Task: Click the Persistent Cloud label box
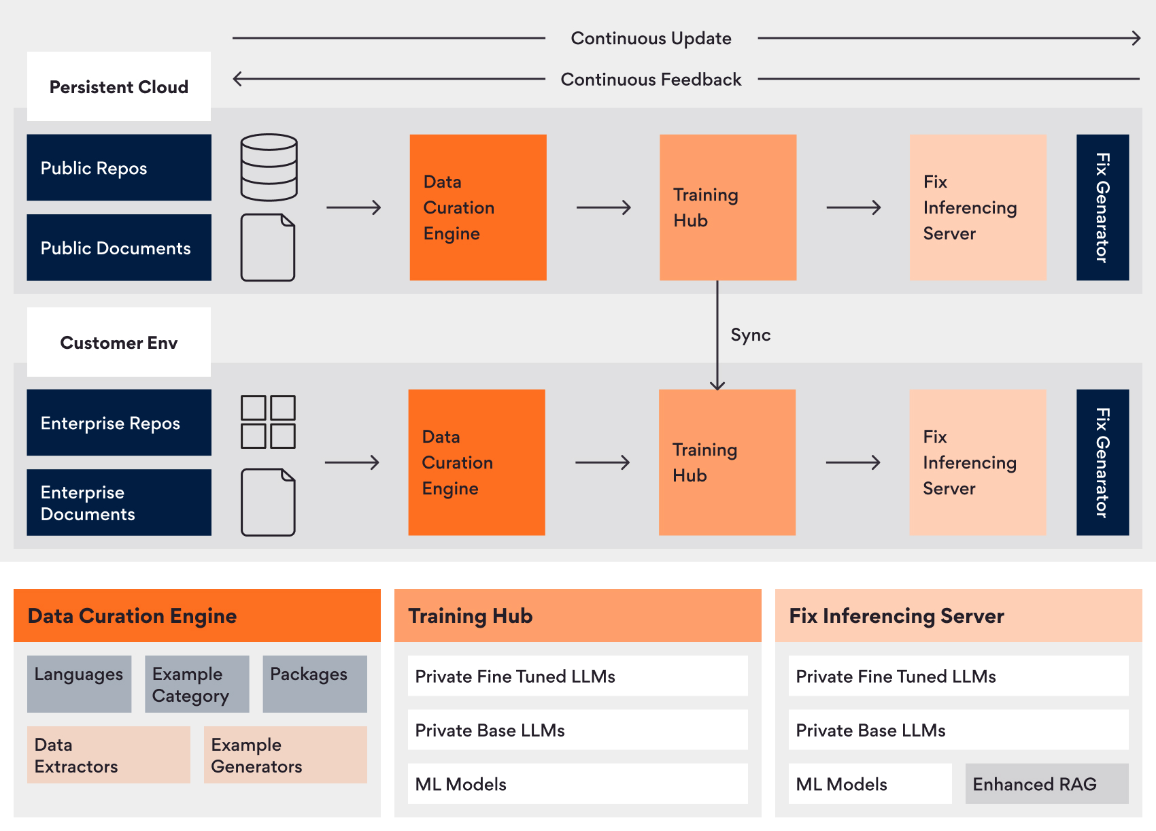[x=119, y=87]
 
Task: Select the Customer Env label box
[x=119, y=342]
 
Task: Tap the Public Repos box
[x=119, y=167]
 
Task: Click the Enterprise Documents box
[x=119, y=503]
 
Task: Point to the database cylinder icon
[x=269, y=167]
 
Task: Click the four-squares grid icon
[x=268, y=422]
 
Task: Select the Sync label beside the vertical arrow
[x=750, y=335]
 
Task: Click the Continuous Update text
[x=651, y=38]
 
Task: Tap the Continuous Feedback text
[x=651, y=80]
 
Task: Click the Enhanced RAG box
[x=1047, y=783]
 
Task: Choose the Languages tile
[x=79, y=683]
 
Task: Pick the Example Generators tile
[x=285, y=755]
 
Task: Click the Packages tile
[x=314, y=683]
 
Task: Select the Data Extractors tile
[x=109, y=755]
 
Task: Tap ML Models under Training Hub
[x=577, y=783]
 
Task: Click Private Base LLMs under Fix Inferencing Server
[x=958, y=730]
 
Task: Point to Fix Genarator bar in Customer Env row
[x=1102, y=462]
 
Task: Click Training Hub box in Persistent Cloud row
[x=728, y=207]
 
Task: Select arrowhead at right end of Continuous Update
[x=1137, y=38]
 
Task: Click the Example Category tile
[x=197, y=683]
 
